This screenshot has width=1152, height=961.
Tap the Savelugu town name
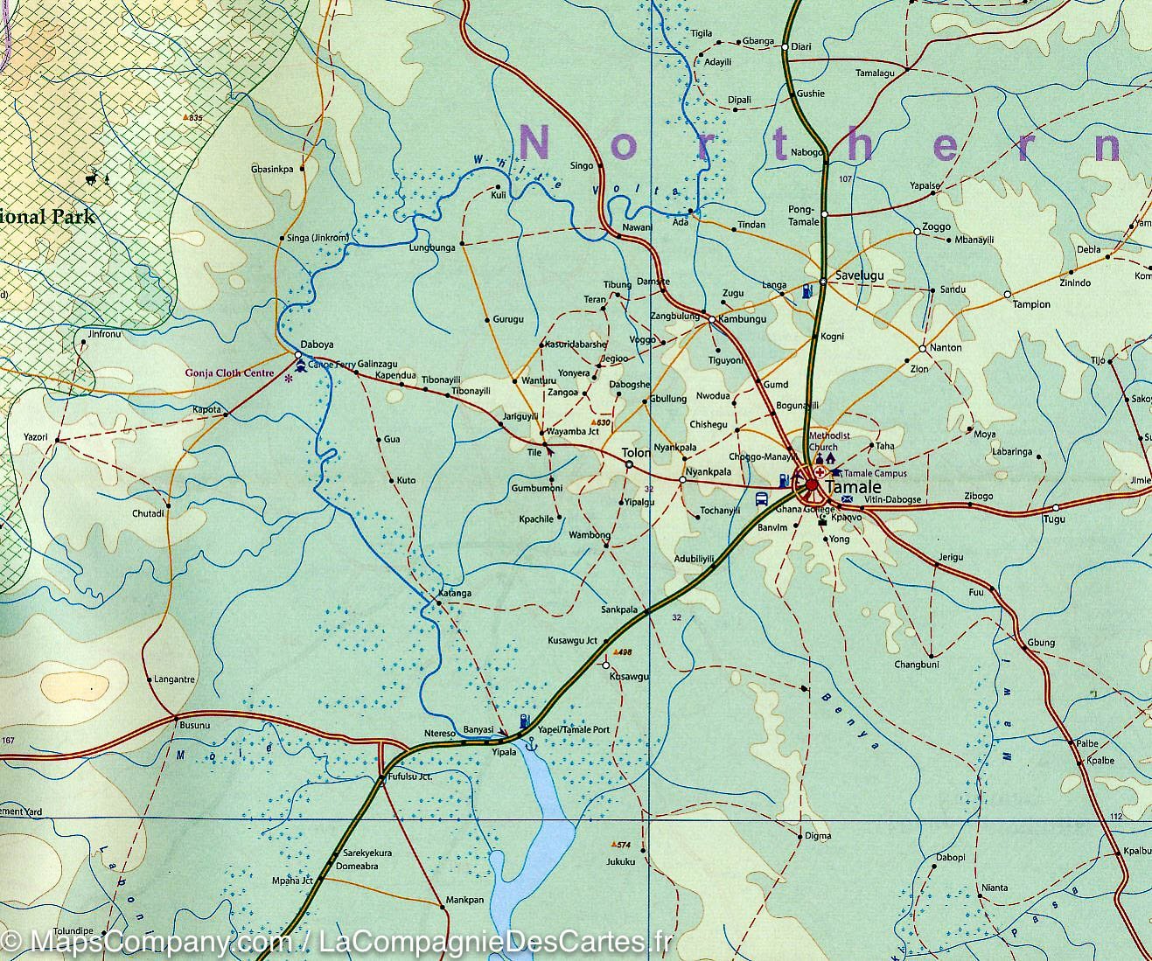[x=860, y=275]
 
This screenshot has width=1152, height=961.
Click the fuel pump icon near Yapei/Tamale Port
[x=524, y=721]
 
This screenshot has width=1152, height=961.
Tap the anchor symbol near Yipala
[x=528, y=743]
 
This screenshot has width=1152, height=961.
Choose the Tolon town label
[x=635, y=453]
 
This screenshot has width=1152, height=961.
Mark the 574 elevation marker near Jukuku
[x=620, y=845]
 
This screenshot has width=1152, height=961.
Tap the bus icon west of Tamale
[x=762, y=499]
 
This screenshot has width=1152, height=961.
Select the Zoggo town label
[x=936, y=227]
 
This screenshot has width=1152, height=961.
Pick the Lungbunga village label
[x=432, y=248]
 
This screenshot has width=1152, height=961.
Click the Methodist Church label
[x=829, y=441]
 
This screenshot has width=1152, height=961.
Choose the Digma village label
[x=818, y=836]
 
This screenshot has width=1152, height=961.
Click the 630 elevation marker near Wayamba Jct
[x=601, y=422]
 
